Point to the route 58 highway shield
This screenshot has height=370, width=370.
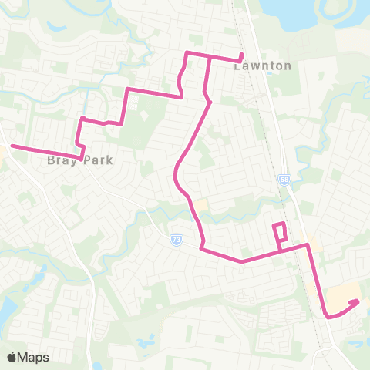coord(284,179)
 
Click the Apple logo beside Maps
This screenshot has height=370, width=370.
coord(12,357)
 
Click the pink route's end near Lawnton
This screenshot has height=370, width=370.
coord(242,54)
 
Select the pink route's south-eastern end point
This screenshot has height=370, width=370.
coord(357,302)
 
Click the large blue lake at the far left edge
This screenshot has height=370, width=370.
coord(4,309)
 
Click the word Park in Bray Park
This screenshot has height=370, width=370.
coord(99,160)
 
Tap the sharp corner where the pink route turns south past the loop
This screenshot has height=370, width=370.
coord(308,245)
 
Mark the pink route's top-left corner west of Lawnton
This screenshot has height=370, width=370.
coord(186,52)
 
